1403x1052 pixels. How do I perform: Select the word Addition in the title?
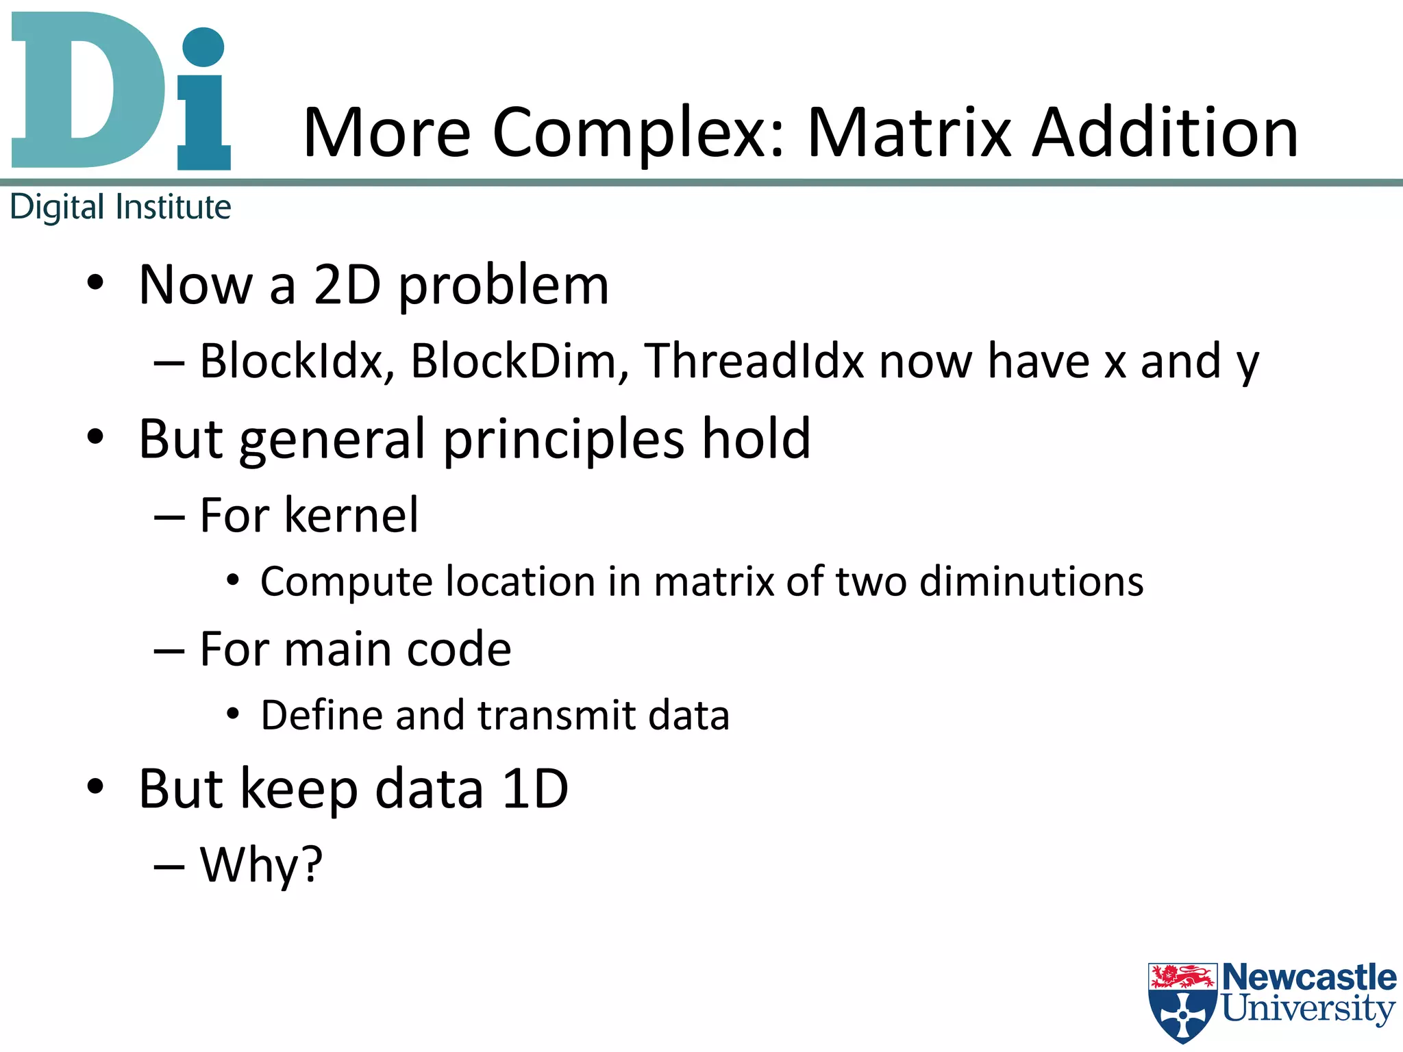[1165, 133]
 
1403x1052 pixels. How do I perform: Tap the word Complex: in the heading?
[638, 133]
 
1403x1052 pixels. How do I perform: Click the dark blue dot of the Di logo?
[203, 47]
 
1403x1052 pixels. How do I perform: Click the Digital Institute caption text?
[121, 207]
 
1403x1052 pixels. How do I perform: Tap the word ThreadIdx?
[754, 362]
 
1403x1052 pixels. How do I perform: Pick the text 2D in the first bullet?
[347, 285]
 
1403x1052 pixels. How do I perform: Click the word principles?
[563, 440]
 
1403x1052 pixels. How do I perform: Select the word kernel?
[351, 515]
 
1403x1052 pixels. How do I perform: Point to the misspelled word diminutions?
[1031, 582]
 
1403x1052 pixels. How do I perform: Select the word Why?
[261, 866]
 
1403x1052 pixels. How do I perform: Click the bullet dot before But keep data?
[95, 787]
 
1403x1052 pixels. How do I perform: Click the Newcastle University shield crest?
[1182, 1003]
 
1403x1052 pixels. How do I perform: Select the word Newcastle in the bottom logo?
[1308, 977]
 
